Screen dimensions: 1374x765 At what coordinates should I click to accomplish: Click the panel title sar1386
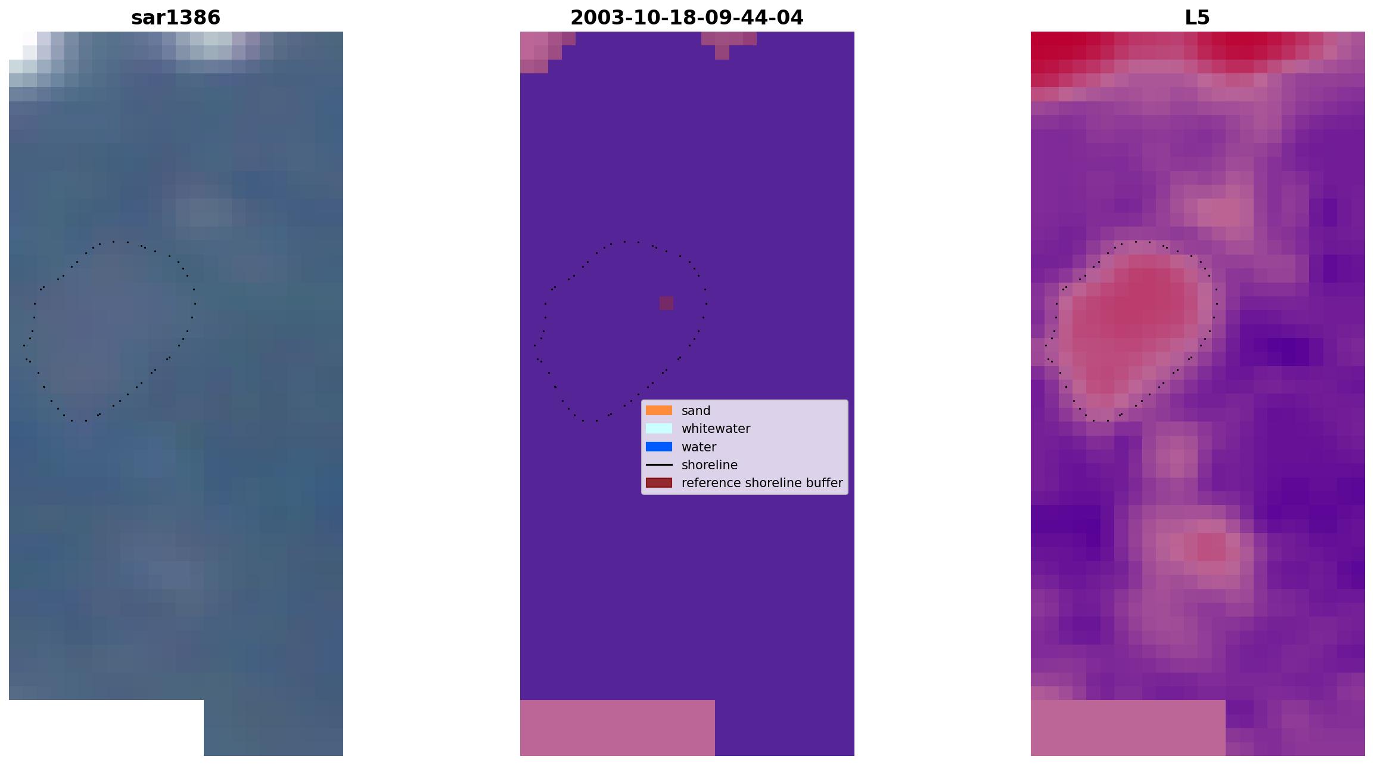point(176,17)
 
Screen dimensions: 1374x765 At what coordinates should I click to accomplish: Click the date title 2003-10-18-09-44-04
point(687,17)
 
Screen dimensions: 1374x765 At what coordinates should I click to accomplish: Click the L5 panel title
point(1197,17)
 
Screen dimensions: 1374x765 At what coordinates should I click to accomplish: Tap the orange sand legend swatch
point(659,410)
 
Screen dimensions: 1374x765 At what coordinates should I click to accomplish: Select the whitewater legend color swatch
point(659,429)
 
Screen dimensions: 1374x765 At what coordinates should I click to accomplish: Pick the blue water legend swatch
point(659,447)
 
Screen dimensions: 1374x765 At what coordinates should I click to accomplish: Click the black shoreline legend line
point(659,464)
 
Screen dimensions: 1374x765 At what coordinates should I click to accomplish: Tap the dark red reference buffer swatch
point(659,482)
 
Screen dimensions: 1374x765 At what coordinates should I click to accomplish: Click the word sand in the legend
point(696,411)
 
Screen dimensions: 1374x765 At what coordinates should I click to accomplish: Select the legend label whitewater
point(716,429)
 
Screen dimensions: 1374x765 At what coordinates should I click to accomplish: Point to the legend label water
point(699,447)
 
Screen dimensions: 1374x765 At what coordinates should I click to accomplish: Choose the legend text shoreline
point(710,465)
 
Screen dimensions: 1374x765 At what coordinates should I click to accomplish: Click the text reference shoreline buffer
point(762,483)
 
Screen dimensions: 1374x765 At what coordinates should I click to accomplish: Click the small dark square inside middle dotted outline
point(666,303)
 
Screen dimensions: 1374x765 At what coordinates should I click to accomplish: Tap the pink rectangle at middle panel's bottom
point(617,728)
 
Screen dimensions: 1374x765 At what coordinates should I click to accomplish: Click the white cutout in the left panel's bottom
point(106,728)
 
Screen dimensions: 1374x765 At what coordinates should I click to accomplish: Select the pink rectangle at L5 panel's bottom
point(1128,728)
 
